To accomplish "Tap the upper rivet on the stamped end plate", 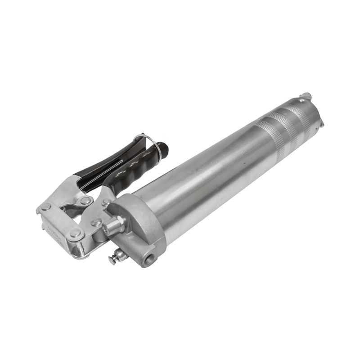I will pos(46,207).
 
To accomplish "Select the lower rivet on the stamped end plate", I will pos(76,233).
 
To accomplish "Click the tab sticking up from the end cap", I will pos(306,96).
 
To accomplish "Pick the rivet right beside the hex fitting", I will pos(96,222).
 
